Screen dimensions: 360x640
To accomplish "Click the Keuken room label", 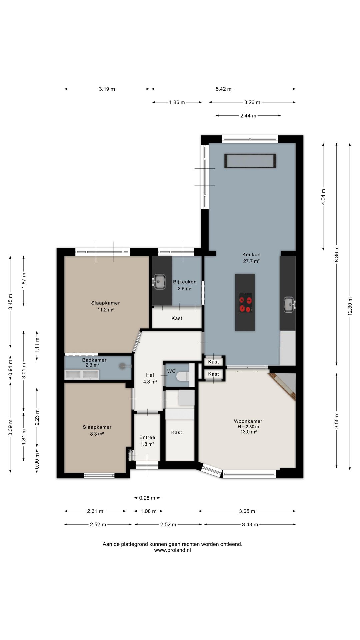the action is tap(251, 254).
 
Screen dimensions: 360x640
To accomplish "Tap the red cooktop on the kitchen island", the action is tap(245, 303).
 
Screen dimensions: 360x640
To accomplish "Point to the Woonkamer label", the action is tap(248, 421).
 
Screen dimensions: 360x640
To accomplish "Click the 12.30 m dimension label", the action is tap(350, 306).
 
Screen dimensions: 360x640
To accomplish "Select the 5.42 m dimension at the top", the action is tap(223, 89).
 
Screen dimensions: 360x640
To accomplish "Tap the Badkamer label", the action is tap(94, 360).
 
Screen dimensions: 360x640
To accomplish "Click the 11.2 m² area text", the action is tap(105, 310).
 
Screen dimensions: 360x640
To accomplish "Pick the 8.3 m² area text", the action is tap(97, 434).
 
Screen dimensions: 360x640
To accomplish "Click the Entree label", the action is tap(147, 437).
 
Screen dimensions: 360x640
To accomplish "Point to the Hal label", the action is tap(150, 375).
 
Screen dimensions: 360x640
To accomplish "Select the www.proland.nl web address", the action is tap(172, 550).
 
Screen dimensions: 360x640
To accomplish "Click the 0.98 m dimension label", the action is tap(147, 498).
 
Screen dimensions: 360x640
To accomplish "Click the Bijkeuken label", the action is tap(185, 282).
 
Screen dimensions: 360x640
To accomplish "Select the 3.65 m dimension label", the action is tap(247, 511).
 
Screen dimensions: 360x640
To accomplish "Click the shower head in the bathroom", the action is tap(123, 366).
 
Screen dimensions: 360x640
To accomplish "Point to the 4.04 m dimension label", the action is tap(323, 197).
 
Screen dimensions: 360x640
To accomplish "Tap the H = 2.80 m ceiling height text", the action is tap(248, 427).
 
